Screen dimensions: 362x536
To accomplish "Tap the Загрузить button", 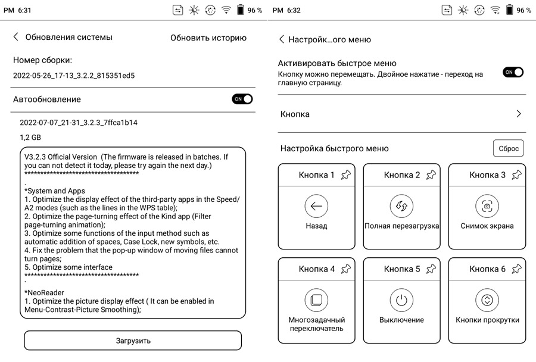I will point(133,341).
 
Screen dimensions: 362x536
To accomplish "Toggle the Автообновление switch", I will point(242,99).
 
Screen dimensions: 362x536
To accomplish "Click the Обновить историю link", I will point(208,38).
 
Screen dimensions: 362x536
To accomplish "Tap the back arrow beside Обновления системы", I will point(16,37).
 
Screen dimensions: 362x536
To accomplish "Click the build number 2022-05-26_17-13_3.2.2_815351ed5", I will point(74,76).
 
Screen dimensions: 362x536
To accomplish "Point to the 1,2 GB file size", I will point(30,138).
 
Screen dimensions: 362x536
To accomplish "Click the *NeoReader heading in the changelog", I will point(44,292).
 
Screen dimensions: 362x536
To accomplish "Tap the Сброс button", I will point(509,148).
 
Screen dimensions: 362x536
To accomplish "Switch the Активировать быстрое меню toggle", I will point(513,72).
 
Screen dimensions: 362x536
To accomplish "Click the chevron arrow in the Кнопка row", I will point(519,114).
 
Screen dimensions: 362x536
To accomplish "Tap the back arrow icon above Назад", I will point(316,206).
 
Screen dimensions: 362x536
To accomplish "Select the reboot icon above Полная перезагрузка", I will point(401,206).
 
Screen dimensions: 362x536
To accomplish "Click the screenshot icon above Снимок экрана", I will point(487,206).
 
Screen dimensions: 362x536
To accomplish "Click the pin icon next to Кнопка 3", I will point(517,175).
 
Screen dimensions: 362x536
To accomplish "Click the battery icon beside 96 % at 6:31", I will point(241,10).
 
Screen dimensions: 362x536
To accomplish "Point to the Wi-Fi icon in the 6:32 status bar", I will point(496,10).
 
